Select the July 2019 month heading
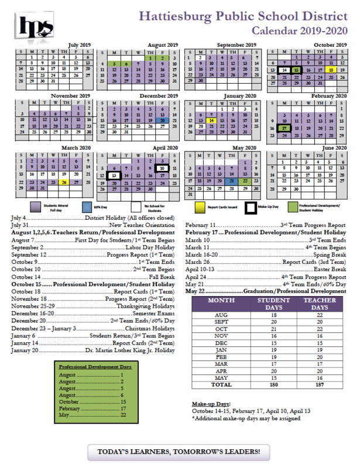tap(80, 45)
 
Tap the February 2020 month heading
tap(330, 96)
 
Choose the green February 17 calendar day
tap(283, 128)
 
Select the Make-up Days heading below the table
tap(212, 404)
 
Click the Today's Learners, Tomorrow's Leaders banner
tap(179, 452)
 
